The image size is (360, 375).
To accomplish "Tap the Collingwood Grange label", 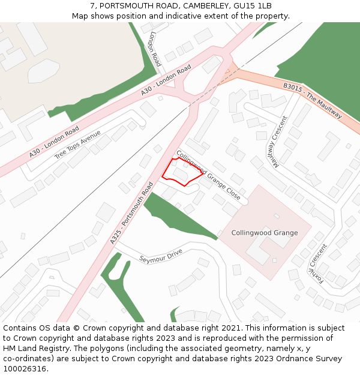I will click(264, 233).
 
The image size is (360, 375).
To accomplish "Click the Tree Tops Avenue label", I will click(77, 145).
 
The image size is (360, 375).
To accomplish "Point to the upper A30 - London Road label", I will click(166, 79).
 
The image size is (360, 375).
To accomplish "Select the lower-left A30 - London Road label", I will click(54, 142).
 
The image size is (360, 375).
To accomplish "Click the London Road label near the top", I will click(155, 49).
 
